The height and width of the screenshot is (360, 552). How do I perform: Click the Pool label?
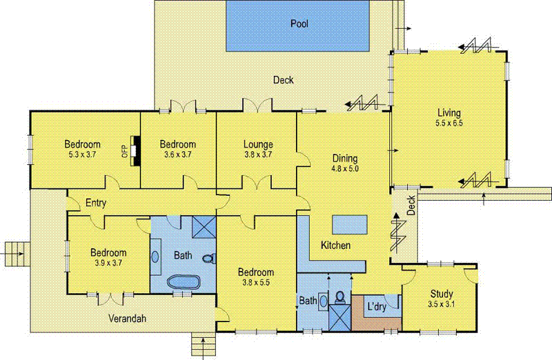[299, 23]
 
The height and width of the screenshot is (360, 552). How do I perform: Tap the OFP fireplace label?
[124, 150]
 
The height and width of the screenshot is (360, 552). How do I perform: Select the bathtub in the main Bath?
[184, 283]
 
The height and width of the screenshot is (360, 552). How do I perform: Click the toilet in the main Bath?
[208, 259]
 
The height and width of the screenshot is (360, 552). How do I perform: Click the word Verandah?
[130, 319]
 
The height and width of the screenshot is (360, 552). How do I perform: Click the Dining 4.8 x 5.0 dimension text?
[345, 168]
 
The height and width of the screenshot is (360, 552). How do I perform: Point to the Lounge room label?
[258, 144]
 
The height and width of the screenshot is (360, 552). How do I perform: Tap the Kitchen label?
[335, 246]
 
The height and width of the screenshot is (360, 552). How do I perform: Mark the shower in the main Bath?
[203, 227]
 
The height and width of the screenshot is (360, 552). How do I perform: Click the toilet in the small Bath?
[339, 297]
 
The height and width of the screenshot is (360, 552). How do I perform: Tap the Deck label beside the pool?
[283, 80]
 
